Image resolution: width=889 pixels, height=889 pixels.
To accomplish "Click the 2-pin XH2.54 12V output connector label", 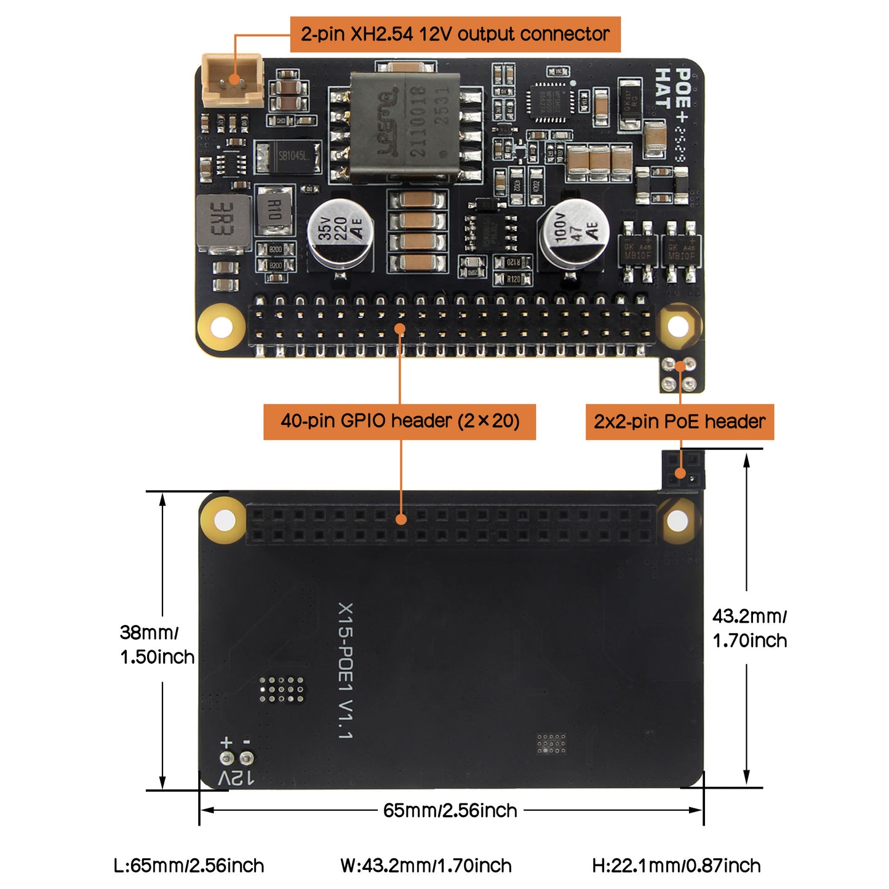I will point(455,34).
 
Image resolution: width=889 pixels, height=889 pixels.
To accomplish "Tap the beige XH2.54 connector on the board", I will point(233,80).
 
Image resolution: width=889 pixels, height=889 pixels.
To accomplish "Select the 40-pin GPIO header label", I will point(399,421).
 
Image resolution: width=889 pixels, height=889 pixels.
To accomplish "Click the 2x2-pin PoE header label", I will point(679,421).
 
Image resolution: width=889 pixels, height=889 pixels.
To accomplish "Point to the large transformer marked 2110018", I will point(404,128).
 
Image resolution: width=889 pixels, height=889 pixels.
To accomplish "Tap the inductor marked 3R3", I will point(223,223).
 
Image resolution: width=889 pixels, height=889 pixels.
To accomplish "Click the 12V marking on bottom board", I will point(236,778).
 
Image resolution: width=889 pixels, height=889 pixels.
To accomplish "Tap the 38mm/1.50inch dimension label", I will point(157,644).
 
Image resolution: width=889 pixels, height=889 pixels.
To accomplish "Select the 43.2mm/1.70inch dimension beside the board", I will point(749,628).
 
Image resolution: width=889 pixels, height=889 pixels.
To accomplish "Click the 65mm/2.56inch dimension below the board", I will point(450,810).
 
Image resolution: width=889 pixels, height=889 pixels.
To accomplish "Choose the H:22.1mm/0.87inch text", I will point(676,866).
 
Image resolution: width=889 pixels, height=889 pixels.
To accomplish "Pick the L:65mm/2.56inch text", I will point(189,866).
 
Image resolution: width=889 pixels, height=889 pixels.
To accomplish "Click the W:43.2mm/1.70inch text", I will point(426,866).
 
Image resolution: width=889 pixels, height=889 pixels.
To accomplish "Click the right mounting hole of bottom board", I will point(677,522).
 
